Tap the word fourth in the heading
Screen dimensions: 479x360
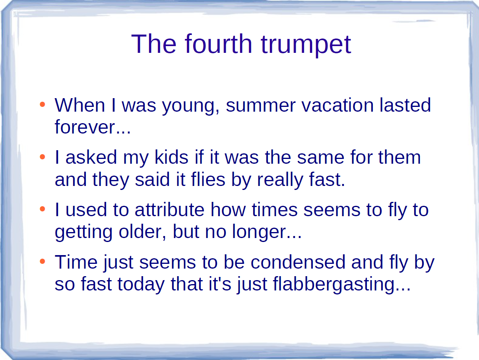click(219, 44)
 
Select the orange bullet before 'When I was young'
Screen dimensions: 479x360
click(43, 104)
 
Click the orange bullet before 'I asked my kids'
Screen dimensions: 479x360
click(43, 157)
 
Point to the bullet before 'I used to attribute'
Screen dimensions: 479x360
click(43, 209)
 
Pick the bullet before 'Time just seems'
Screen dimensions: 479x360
click(43, 261)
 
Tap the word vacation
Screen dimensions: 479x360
click(338, 105)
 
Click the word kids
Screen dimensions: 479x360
click(171, 157)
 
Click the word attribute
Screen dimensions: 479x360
click(170, 209)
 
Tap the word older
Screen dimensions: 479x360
click(141, 232)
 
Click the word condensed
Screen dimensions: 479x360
click(298, 262)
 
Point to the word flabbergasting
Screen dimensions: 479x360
click(334, 285)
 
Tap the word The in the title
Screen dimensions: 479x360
click(153, 44)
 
